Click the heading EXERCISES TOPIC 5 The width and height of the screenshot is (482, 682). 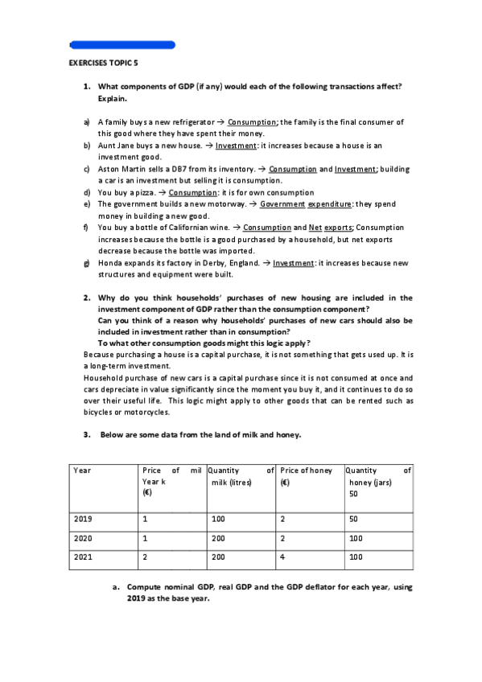tap(104, 61)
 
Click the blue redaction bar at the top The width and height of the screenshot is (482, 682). tap(122, 45)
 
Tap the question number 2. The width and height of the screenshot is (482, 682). tap(87, 298)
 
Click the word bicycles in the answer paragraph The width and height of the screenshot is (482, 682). tap(99, 412)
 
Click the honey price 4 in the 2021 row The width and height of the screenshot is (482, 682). tap(283, 556)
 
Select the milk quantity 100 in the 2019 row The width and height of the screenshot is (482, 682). tap(218, 520)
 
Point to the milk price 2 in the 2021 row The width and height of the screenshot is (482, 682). tap(144, 556)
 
